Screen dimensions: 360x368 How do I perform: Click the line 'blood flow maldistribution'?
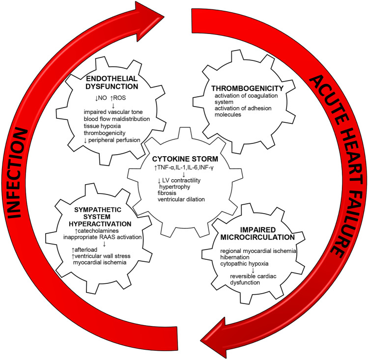tap(113, 118)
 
